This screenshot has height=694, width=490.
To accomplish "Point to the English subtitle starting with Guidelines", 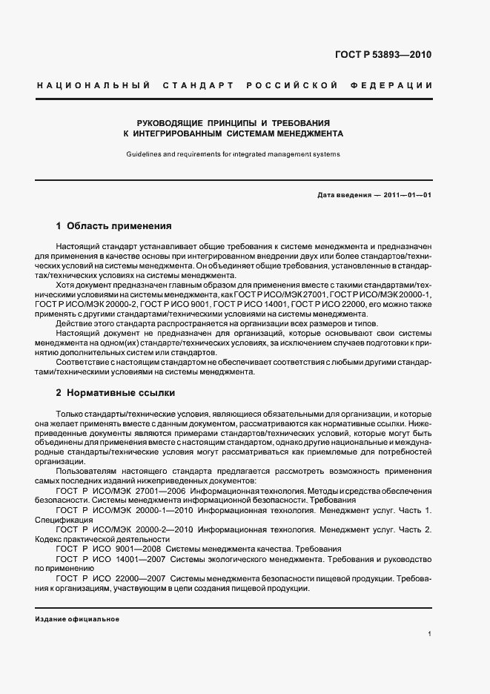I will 232,154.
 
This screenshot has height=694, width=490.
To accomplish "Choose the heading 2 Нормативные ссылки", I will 115,391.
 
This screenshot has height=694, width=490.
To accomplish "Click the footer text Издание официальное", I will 76,618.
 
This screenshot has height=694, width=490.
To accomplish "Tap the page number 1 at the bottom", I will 429,634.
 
